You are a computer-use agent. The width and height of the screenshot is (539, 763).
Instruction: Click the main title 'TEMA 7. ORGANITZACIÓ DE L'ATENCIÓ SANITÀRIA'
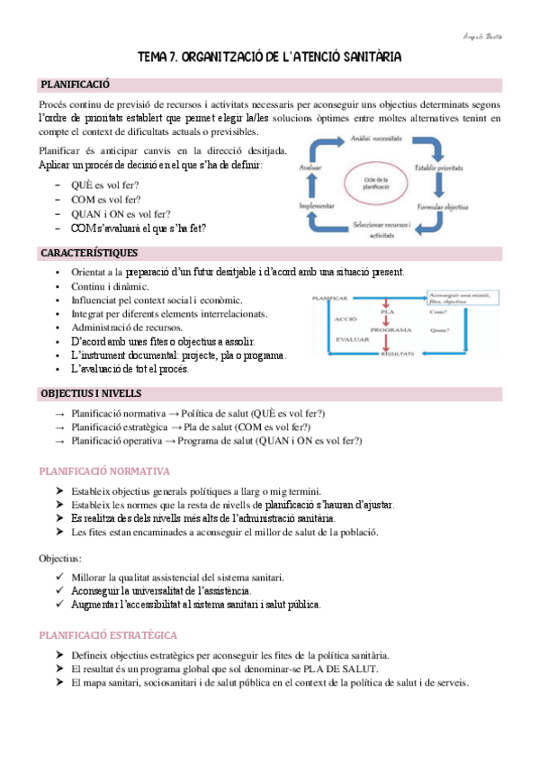[x=269, y=58]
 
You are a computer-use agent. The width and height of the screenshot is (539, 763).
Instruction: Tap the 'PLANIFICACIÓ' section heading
[x=75, y=85]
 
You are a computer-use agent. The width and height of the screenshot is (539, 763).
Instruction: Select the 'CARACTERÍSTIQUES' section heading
[x=87, y=253]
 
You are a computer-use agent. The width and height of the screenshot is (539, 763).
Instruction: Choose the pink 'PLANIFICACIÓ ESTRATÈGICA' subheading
[x=107, y=635]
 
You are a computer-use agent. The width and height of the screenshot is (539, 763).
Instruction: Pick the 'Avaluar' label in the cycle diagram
[x=313, y=167]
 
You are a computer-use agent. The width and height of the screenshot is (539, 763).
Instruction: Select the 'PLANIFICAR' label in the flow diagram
[x=329, y=296]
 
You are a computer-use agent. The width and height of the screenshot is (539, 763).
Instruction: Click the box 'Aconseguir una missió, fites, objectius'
[x=456, y=297]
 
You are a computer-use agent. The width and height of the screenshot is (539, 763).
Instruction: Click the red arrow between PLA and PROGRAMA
[x=384, y=322]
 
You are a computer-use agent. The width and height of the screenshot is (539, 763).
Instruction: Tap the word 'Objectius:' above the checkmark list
[x=62, y=558]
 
